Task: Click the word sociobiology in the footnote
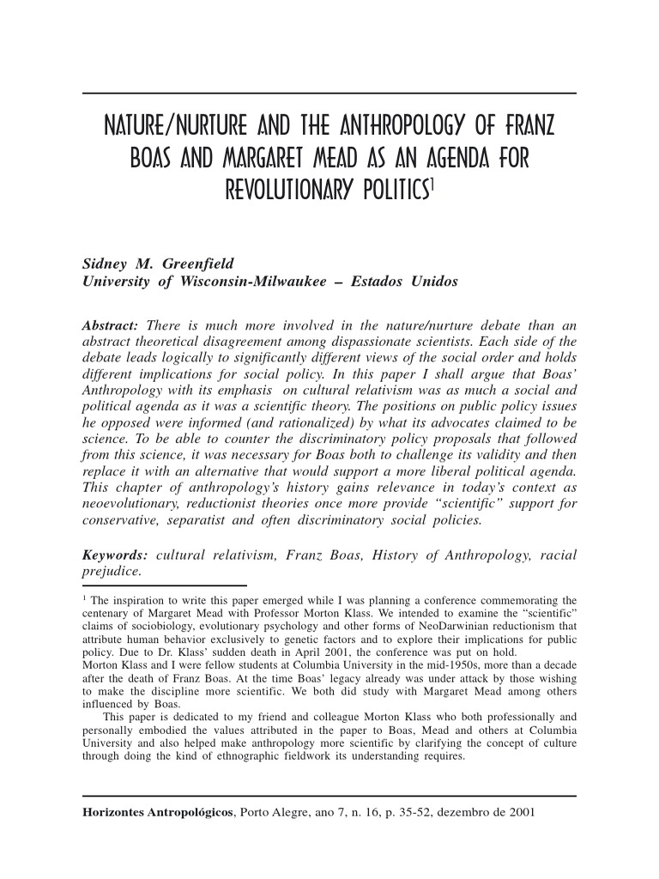click(x=155, y=627)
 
